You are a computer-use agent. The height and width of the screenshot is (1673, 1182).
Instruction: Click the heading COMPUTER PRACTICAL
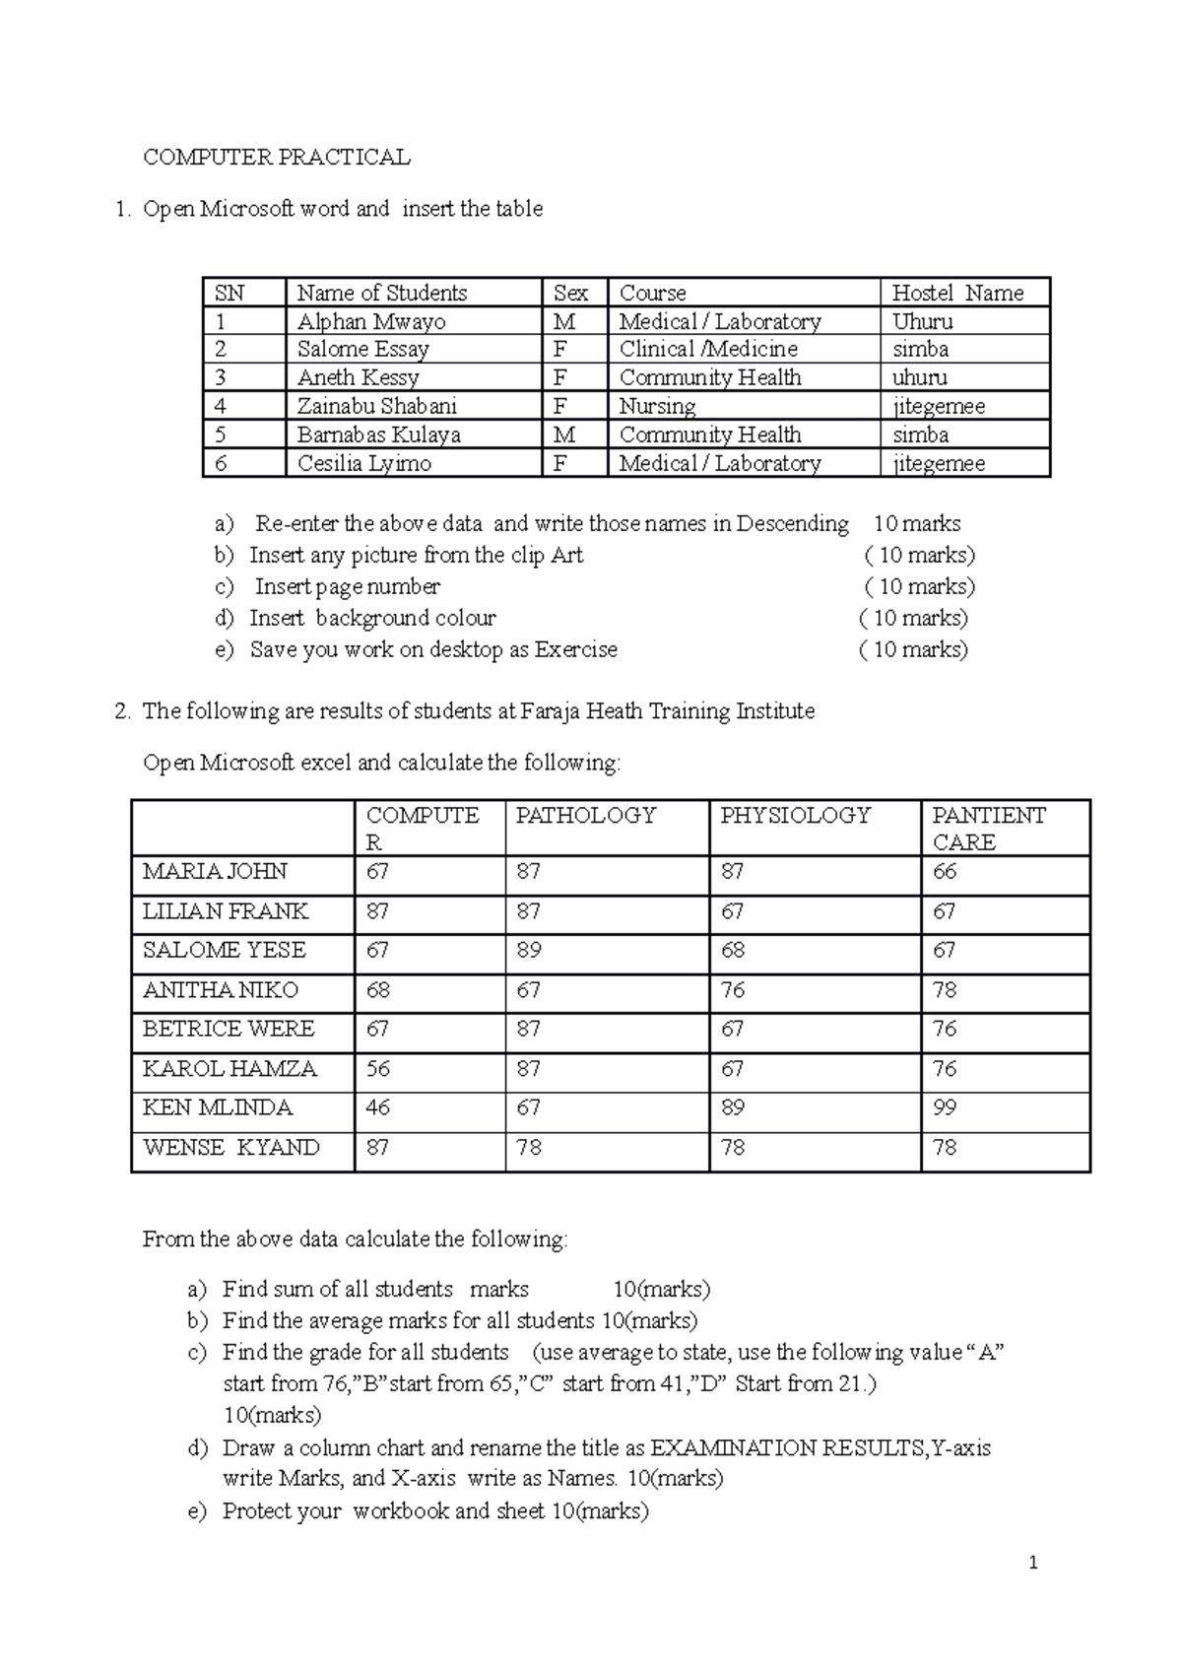coord(276,158)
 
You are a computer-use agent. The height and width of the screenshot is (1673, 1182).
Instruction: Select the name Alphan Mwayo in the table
coord(370,322)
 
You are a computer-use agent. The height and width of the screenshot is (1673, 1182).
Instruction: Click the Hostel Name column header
coord(956,294)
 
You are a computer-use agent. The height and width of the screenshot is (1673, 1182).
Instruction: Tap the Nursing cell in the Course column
coord(657,406)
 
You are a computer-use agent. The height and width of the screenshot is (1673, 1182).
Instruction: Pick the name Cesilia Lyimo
coord(363,464)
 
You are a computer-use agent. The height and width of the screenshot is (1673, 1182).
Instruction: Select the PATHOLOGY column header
coord(585,816)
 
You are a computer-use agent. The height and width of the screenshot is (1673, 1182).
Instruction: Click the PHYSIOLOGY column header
coord(795,816)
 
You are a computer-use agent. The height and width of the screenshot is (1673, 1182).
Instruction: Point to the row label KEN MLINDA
coord(218,1108)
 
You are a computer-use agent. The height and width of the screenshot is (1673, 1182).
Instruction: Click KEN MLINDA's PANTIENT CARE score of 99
coord(945,1108)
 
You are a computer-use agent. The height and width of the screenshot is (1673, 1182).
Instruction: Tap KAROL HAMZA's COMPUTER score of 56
coord(378,1069)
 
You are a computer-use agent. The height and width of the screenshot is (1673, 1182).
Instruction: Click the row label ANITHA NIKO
coord(220,990)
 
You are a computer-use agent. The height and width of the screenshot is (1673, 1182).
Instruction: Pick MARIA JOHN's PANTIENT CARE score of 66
coord(945,872)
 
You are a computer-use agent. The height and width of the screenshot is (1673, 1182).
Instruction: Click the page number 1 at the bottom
coord(1032,1563)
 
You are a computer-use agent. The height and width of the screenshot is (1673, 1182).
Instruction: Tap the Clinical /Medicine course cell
coord(708,350)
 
